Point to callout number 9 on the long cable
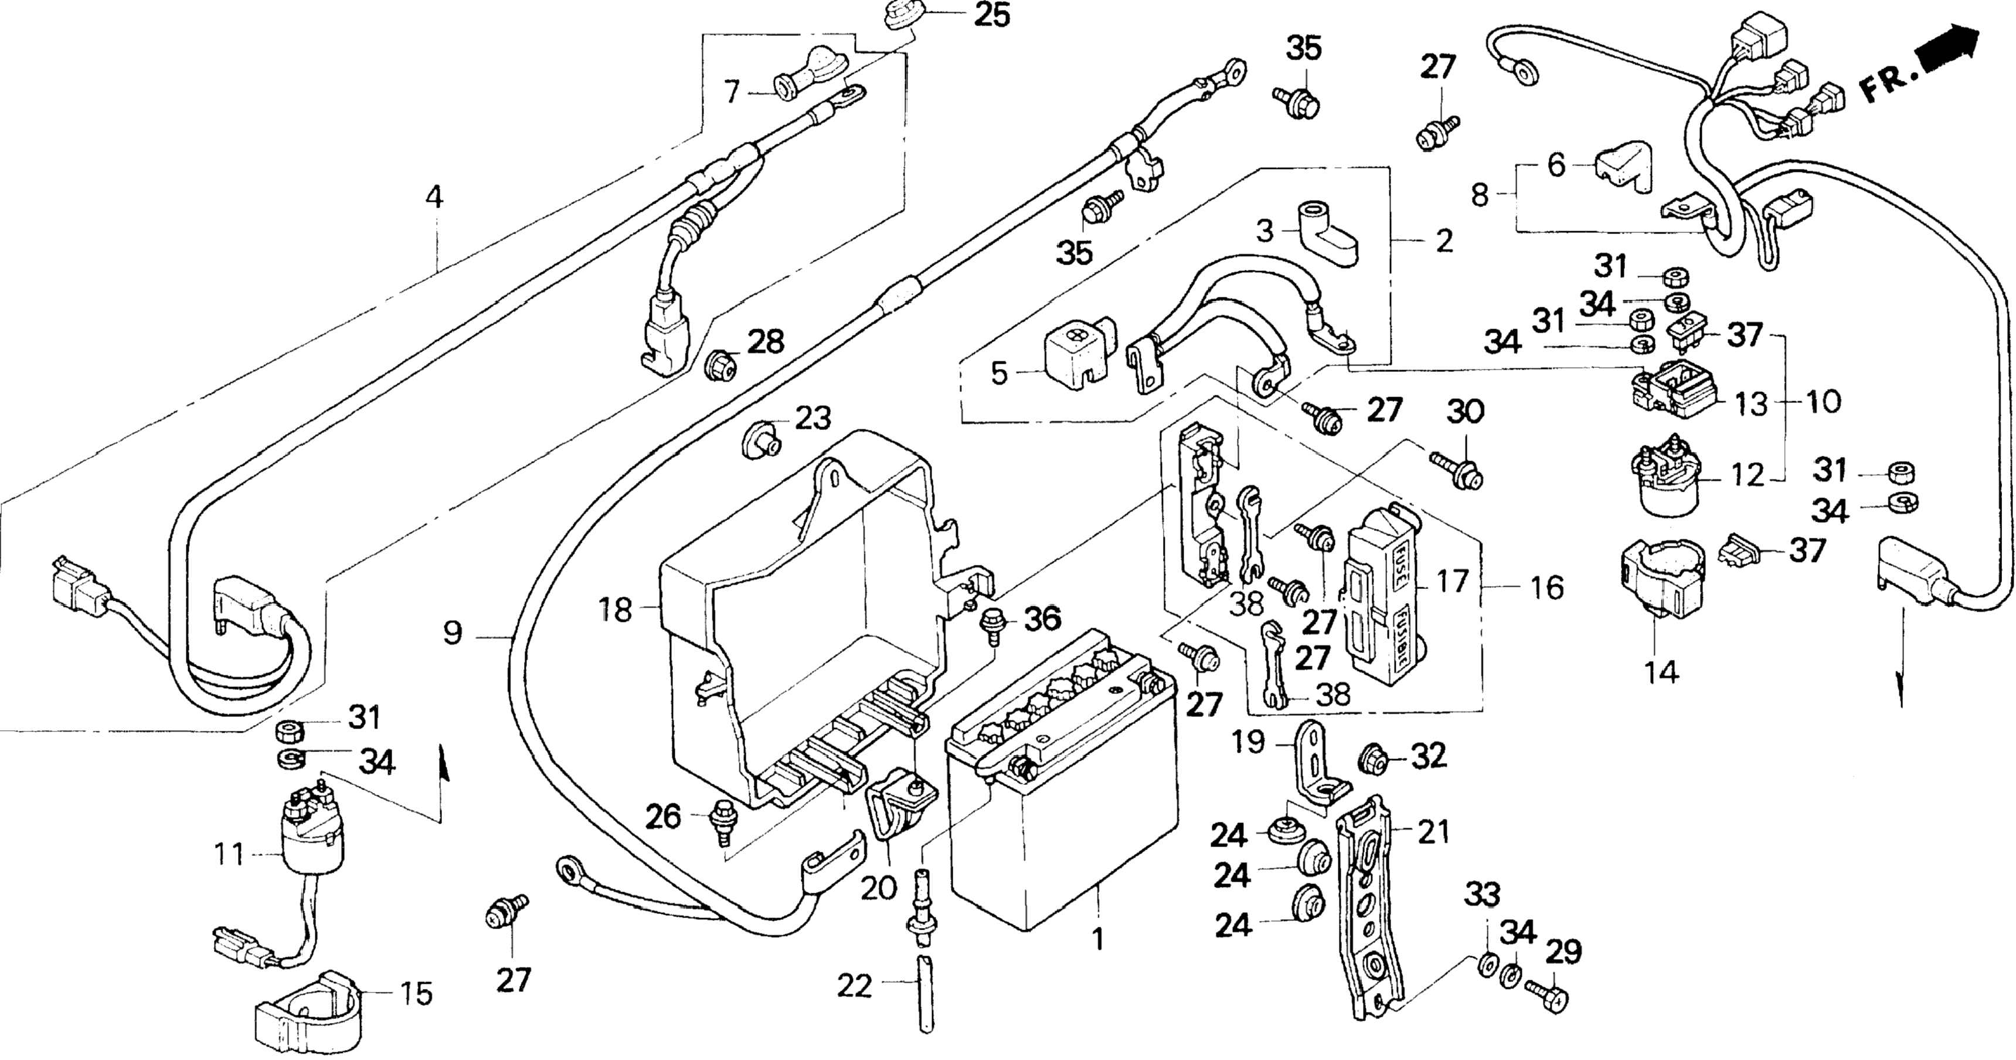point(453,632)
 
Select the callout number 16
point(1546,587)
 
